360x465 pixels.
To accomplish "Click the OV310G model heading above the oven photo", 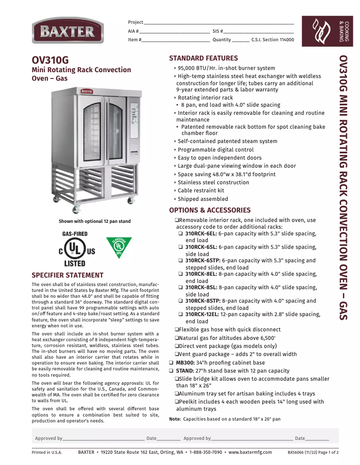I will click(x=50, y=61).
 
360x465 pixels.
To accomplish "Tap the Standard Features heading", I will click(x=203, y=58).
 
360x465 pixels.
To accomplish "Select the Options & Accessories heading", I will click(x=210, y=210).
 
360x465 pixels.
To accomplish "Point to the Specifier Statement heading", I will click(x=67, y=275).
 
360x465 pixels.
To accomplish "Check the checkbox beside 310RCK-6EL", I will click(x=180, y=234).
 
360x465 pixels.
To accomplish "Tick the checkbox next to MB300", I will click(x=171, y=363).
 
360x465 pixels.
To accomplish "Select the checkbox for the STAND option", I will click(x=171, y=371).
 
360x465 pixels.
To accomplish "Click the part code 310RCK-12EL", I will click(x=202, y=314).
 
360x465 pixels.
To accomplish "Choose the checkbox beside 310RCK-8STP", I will click(x=180, y=301).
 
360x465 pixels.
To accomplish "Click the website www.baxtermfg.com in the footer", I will click(x=250, y=452).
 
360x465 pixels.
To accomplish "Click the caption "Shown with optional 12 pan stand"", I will click(x=95, y=221).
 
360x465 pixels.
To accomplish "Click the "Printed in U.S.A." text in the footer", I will click(x=47, y=452).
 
